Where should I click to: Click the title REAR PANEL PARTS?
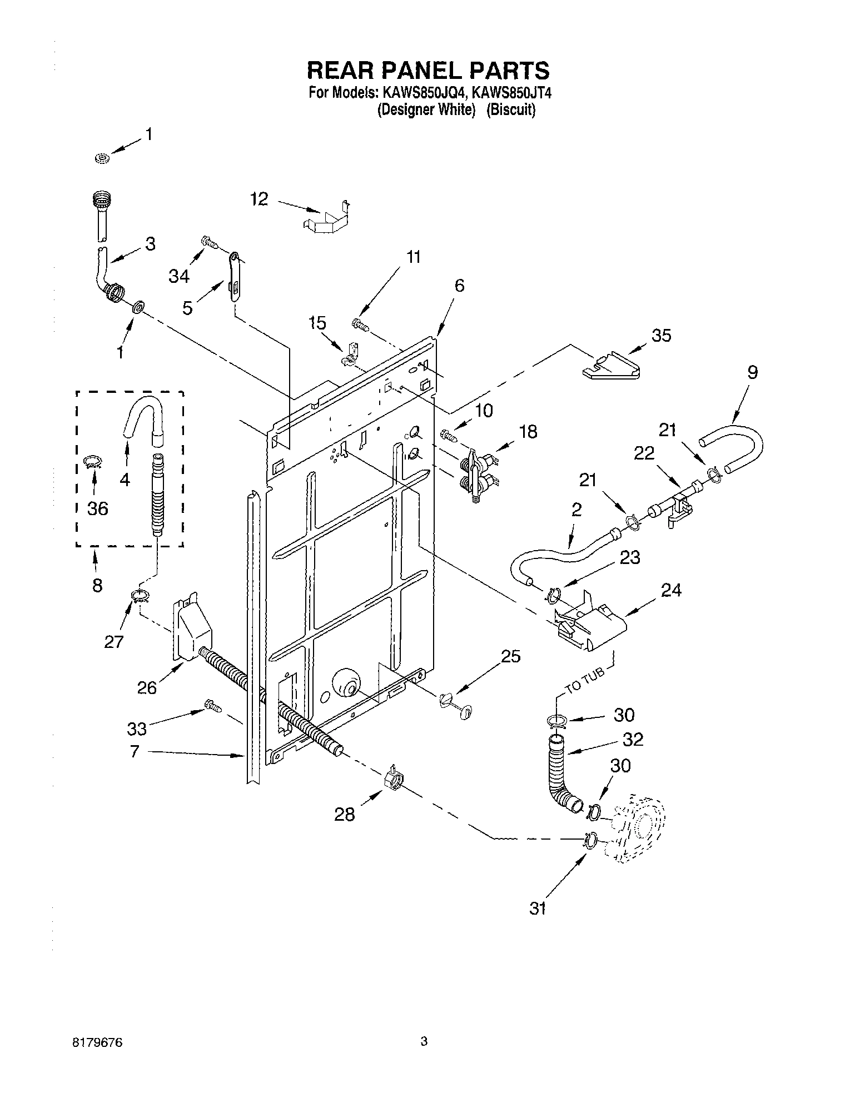429,71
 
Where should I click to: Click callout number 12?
259,199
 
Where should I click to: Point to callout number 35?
661,335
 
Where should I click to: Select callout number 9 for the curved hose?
752,373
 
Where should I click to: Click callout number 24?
671,590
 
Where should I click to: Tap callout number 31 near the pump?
538,909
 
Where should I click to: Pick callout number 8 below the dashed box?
97,585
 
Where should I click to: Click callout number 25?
510,656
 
